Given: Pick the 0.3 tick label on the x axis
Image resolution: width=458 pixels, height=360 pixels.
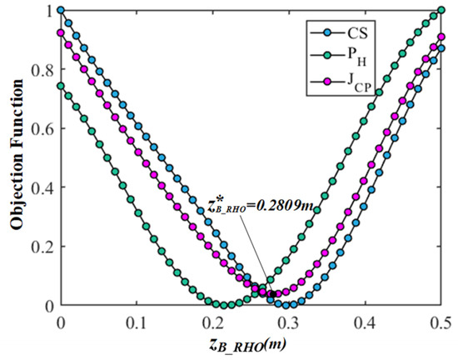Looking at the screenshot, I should [x=289, y=321].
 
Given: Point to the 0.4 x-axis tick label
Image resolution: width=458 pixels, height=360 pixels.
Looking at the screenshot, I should [x=366, y=321].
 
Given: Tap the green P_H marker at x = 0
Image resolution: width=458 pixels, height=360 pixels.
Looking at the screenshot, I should [x=61, y=86].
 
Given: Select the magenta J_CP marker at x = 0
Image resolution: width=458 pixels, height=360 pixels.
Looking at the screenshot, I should [x=61, y=33].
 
